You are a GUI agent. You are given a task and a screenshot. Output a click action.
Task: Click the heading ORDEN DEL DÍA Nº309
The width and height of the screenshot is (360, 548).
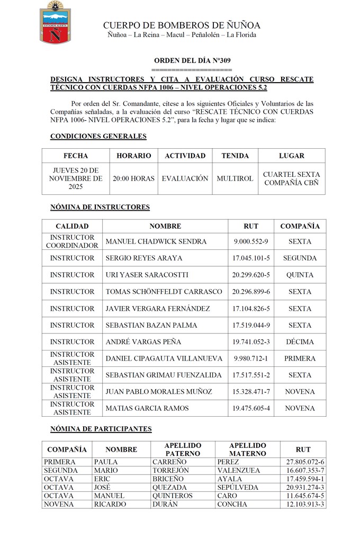coord(192,61)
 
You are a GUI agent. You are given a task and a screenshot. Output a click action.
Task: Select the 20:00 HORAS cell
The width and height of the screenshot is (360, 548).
coord(133,178)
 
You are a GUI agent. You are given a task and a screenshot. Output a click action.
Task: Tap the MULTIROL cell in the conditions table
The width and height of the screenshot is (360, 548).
coord(235,178)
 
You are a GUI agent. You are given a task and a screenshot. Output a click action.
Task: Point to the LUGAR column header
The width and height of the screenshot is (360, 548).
coord(291,156)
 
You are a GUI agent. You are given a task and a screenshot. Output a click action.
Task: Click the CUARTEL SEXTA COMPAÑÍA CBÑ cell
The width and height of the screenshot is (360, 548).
coord(291,178)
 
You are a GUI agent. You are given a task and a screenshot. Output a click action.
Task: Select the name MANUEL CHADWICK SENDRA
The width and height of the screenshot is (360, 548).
coord(156,241)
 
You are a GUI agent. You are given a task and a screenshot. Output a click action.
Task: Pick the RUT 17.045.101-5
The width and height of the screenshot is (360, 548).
coord(251,258)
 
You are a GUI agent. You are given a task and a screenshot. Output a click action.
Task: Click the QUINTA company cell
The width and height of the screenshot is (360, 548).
coord(300,275)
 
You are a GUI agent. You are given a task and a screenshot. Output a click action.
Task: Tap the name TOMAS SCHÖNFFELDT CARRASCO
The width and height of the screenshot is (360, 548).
coord(164,291)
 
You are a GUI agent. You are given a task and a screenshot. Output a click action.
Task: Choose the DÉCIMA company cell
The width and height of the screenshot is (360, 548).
coord(300,342)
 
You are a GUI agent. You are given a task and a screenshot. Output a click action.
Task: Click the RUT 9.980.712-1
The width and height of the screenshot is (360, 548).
coord(251,358)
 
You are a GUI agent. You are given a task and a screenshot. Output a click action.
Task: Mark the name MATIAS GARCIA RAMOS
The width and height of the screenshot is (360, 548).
coord(147,408)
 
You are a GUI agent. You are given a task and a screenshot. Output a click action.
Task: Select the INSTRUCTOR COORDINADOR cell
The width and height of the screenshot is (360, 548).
coord(72,241)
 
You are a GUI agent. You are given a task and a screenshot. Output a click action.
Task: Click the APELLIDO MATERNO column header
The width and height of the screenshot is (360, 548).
coord(248,450)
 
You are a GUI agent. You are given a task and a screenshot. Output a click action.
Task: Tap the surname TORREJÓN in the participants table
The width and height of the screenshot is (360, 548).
coord(168,470)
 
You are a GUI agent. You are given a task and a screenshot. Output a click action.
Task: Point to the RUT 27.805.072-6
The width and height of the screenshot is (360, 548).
coord(303,462)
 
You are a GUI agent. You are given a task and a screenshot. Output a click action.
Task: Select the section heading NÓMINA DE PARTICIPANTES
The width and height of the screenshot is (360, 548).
coord(101,429)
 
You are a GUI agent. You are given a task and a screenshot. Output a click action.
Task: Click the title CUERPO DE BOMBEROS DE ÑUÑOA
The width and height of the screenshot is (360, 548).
coord(182,25)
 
